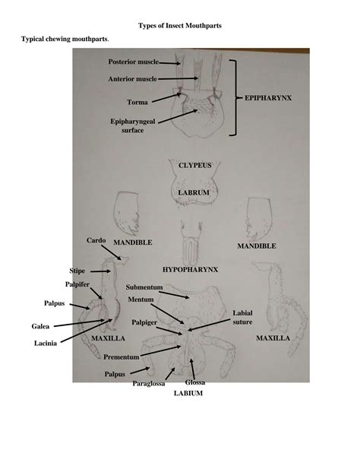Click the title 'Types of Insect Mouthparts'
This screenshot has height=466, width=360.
coord(180,26)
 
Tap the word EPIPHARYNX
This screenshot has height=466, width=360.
coord(268,98)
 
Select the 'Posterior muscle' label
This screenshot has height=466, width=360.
coord(134,62)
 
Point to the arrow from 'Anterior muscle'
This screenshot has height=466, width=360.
coord(178,78)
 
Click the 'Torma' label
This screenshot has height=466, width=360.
coord(137,102)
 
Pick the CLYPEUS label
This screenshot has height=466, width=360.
coord(195,165)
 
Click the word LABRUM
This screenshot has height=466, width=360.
coord(194,192)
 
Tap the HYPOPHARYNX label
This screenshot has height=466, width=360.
coord(190,270)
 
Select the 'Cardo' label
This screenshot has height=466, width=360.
coord(96,240)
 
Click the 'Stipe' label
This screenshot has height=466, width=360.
coord(77,271)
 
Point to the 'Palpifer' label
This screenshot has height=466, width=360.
coord(77,284)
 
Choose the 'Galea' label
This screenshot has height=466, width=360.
coord(40,326)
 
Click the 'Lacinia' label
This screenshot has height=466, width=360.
coord(46,344)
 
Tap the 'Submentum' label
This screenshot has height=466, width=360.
coord(144,287)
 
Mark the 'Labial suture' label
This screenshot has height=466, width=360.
coord(243,318)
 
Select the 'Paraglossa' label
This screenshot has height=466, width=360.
coord(149,384)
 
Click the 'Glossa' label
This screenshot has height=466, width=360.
coord(195,382)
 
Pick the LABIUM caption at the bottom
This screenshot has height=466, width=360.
coord(188,393)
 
